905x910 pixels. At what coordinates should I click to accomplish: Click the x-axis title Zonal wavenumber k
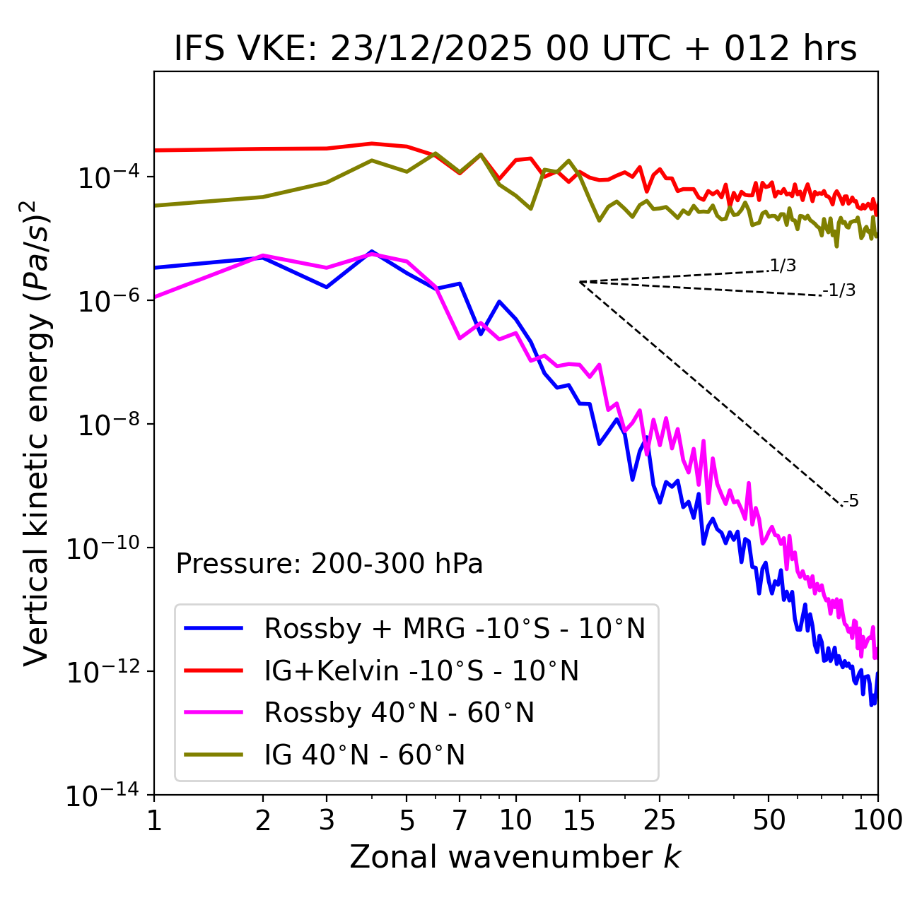(x=515, y=856)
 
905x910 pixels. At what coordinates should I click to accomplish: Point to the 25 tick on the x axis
(x=660, y=820)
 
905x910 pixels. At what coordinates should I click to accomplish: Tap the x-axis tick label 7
(x=460, y=820)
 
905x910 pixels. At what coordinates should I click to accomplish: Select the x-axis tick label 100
(x=877, y=820)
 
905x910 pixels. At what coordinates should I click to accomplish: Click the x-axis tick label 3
(x=327, y=820)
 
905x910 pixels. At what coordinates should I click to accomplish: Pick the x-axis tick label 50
(x=769, y=820)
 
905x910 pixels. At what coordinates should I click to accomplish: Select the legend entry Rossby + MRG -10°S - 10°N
(x=455, y=628)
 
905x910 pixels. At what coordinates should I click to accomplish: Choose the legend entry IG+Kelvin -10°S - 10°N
(x=421, y=670)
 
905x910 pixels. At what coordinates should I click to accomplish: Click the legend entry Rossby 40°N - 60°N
(x=399, y=713)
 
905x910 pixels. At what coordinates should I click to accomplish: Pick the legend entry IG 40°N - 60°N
(x=365, y=755)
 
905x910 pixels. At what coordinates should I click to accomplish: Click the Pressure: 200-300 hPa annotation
(x=329, y=564)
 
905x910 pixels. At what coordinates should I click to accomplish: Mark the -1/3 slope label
(x=839, y=290)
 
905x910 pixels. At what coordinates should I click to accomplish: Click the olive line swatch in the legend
(x=214, y=755)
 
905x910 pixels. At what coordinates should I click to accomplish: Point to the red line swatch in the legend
(x=214, y=670)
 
